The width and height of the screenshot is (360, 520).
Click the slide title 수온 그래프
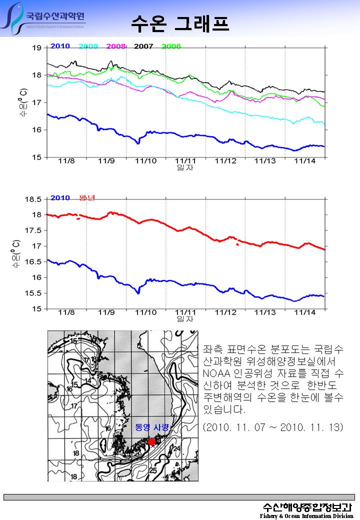coord(180,23)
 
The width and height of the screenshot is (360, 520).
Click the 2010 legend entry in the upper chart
coord(60,46)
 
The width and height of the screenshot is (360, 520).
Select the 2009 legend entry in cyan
coord(88,46)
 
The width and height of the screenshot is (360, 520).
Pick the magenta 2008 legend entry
coord(116,46)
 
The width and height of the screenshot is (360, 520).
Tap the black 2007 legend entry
coord(143,46)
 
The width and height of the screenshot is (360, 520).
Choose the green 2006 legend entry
coord(171,46)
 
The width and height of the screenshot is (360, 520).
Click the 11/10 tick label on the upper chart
coord(145,161)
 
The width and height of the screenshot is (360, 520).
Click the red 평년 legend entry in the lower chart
coord(87,197)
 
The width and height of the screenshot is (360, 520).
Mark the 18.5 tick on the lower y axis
coord(33,199)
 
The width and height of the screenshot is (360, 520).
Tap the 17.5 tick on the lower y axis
coord(33,230)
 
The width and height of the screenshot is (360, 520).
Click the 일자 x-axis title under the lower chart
coord(185,318)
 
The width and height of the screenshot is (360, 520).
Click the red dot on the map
coord(152,442)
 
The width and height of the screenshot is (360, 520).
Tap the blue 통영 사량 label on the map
coord(152,427)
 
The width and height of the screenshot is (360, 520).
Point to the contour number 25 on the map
coord(153,470)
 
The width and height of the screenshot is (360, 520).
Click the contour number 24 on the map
coord(176,448)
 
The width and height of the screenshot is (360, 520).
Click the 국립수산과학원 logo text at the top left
coord(55,14)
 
